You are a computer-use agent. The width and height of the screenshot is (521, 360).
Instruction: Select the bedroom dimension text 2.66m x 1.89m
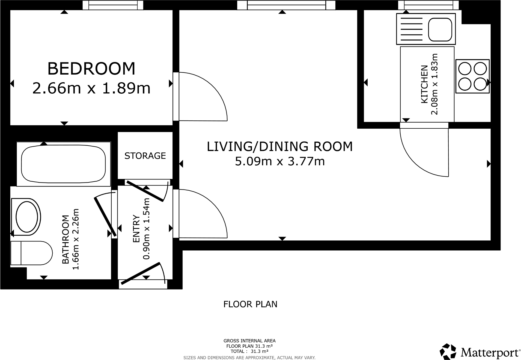[x=91, y=88]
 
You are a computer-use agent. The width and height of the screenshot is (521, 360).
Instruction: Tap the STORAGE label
[x=145, y=156]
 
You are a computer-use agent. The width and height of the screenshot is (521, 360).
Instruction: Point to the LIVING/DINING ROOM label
[x=279, y=146]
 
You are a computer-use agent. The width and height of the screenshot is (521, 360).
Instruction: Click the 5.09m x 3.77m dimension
[x=280, y=161]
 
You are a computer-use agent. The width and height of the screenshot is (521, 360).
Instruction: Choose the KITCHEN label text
[x=424, y=84]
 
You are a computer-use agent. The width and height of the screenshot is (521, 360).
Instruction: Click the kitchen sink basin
[x=440, y=29]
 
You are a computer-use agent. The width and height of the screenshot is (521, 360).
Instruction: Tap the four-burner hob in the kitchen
[x=472, y=76]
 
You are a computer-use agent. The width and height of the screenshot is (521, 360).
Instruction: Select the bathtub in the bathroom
[x=63, y=164]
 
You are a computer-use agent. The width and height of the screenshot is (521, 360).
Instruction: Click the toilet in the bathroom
[x=31, y=253]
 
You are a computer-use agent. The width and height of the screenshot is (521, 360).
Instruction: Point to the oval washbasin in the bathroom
[x=26, y=217]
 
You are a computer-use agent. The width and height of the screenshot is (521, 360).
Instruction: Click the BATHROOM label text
[x=66, y=240]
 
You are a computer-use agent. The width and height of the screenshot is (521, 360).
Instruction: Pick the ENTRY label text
[x=136, y=229]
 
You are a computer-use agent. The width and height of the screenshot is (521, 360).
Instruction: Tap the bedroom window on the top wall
[x=113, y=5]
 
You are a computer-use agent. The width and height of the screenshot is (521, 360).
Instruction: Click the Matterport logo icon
[x=448, y=352]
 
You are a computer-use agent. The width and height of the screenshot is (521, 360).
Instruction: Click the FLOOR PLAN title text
[x=250, y=304]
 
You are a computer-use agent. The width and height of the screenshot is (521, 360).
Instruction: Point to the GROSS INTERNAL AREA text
[x=249, y=341]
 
